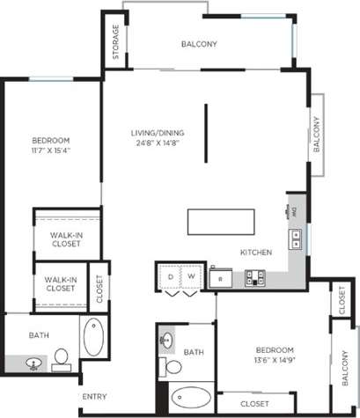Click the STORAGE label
[x=115, y=45]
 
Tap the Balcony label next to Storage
[x=199, y=44]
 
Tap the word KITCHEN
[x=255, y=253]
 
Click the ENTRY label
[x=94, y=396]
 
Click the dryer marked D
[x=171, y=276]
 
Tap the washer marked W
[x=190, y=276]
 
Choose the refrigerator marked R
[x=220, y=278]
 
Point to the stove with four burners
[x=255, y=278]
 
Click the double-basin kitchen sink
[x=297, y=236]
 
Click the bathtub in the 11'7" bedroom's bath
[x=92, y=337]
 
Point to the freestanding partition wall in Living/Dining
[x=206, y=133]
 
